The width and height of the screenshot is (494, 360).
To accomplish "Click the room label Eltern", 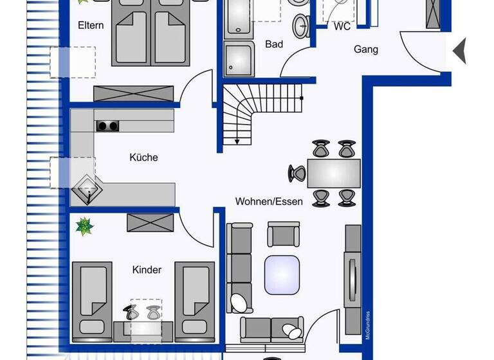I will pyautogui.click(x=91, y=26).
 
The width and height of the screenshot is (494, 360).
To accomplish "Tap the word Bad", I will pyautogui.click(x=274, y=44).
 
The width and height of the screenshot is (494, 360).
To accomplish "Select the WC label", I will pyautogui.click(x=342, y=27).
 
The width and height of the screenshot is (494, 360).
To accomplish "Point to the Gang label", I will pyautogui.click(x=365, y=49).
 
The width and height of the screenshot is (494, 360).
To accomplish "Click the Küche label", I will pyautogui.click(x=143, y=157).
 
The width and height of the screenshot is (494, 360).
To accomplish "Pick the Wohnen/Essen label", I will pyautogui.click(x=269, y=201).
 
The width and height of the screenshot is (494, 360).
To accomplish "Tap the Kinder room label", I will pyautogui.click(x=147, y=270).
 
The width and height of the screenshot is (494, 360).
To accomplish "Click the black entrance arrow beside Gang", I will pyautogui.click(x=459, y=51).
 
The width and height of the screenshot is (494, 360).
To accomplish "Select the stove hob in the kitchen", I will pyautogui.click(x=108, y=126).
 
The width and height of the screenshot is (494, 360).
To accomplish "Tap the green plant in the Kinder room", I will pyautogui.click(x=84, y=226).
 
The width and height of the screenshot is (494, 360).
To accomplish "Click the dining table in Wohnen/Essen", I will pyautogui.click(x=334, y=173).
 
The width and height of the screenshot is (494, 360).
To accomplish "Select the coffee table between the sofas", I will pyautogui.click(x=282, y=275).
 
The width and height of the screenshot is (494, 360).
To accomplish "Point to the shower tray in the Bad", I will pyautogui.click(x=239, y=59).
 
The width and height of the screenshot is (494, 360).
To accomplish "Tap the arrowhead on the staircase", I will pyautogui.click(x=237, y=141).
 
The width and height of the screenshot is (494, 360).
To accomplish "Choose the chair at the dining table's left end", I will pyautogui.click(x=297, y=173).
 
